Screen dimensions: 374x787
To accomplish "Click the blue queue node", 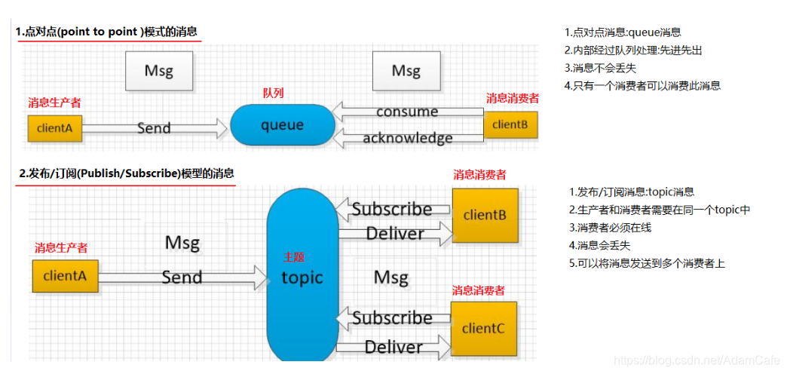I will [x=282, y=125].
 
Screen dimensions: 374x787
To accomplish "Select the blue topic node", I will [x=302, y=277].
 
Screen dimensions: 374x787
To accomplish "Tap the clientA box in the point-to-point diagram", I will [x=54, y=128].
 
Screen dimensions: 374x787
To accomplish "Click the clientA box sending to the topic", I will [x=65, y=276].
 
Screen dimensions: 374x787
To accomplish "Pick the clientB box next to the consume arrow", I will [x=510, y=124].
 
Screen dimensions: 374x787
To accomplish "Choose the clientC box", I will [x=483, y=328].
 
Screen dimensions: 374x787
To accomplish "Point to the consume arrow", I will [x=407, y=112].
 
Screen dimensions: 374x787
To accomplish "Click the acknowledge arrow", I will [x=407, y=138].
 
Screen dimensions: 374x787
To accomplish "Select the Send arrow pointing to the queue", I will [x=154, y=128].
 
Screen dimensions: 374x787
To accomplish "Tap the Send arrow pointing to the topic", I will [x=182, y=277].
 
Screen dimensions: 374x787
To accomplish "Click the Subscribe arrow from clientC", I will [x=392, y=318].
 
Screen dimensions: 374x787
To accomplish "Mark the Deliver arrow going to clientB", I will [x=394, y=234].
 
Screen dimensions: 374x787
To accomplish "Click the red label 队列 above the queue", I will [x=273, y=93].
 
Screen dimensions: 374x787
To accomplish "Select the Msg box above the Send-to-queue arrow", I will [x=159, y=71].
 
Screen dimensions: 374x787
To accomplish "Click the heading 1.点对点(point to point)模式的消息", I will [x=108, y=32].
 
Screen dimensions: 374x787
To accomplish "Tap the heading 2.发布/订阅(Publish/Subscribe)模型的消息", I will [x=126, y=173].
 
